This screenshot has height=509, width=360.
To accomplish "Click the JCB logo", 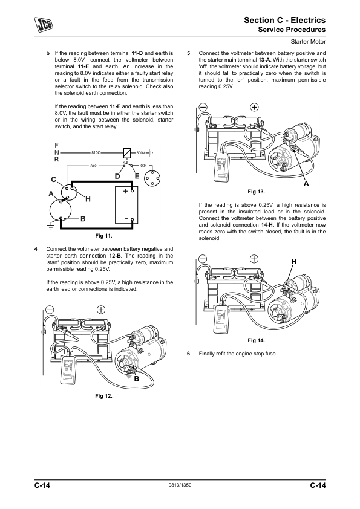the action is [44, 25].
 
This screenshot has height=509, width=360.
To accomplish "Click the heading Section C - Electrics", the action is [284, 20].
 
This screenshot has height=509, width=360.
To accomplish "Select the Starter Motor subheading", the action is [308, 42].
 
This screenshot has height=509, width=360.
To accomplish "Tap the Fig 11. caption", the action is [103, 236].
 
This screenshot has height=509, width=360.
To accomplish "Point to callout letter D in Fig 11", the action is [117, 177].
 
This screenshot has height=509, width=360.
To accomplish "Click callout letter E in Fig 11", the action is [137, 177].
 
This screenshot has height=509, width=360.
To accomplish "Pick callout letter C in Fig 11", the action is [54, 180].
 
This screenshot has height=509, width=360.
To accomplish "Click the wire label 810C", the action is [96, 152].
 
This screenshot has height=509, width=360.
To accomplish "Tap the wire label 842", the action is [93, 166].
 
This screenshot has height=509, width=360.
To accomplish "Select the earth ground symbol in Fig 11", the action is [51, 226].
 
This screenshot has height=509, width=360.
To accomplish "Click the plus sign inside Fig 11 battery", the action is [126, 191].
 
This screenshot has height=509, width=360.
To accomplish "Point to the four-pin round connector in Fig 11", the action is [152, 178].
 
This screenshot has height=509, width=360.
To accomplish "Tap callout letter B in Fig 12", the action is [137, 379].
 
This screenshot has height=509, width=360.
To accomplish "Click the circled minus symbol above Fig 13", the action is [203, 107].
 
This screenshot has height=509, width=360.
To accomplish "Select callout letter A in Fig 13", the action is [306, 184].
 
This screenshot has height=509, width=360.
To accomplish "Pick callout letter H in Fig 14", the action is [293, 262].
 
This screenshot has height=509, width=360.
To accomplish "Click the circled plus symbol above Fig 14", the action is [254, 259].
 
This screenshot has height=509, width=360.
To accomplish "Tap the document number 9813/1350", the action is [180, 485].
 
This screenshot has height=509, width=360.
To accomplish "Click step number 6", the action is [188, 354].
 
